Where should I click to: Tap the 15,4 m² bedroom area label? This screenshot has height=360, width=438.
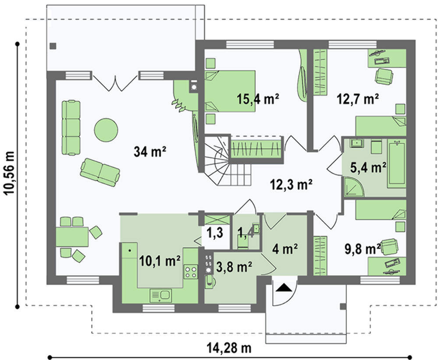[258, 99]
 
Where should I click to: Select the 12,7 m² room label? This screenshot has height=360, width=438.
[358, 99]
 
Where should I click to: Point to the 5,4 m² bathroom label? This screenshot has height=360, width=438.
[368, 168]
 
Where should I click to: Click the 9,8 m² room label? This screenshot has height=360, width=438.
[363, 249]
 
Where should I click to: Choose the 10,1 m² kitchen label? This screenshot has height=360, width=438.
[159, 261]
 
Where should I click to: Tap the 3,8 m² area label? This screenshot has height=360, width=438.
[234, 267]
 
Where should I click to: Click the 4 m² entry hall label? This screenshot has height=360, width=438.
[285, 249]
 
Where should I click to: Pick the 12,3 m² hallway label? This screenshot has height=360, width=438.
[291, 184]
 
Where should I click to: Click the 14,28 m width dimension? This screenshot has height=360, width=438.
[229, 348]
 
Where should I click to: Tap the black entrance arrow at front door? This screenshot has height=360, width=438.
[283, 287]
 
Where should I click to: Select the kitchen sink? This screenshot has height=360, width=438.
[161, 296]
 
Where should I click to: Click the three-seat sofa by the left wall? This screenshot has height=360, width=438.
[71, 127]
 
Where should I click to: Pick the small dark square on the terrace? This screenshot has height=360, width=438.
[53, 46]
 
